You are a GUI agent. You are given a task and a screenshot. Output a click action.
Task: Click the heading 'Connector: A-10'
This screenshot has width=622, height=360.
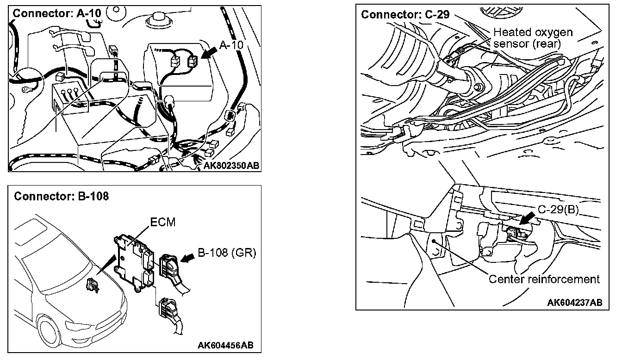point(56,13)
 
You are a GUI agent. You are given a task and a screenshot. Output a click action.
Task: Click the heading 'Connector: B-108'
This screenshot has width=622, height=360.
point(62,196)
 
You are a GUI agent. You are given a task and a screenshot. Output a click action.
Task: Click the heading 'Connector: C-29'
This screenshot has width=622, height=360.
point(405,14)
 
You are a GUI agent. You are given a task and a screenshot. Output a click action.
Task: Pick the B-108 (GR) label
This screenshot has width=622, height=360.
point(227,253)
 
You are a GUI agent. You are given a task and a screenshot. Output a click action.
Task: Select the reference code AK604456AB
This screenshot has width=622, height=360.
point(225,345)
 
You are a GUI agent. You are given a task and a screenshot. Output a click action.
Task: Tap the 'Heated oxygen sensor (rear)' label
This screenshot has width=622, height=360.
point(533,38)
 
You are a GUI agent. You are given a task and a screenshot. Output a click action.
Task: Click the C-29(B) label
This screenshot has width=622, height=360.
point(559,210)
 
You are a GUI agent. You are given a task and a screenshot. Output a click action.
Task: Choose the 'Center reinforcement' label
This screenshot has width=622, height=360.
point(544,279)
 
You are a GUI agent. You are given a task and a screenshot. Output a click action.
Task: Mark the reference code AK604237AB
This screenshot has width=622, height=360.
point(574,303)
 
